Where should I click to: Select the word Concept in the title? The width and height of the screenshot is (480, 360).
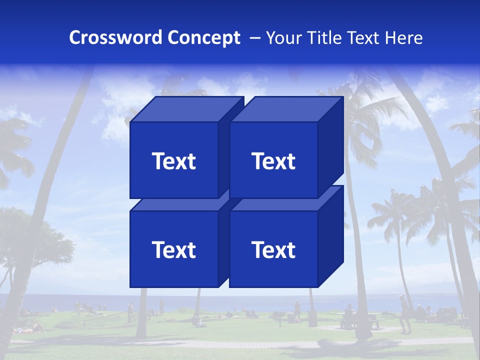pos(204,38)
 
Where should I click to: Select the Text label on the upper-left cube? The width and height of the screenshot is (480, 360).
pos(173,161)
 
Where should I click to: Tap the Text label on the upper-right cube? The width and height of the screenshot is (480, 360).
pos(273,161)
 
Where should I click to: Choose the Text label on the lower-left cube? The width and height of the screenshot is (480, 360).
pos(173,249)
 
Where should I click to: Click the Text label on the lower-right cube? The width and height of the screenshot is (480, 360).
pos(273,249)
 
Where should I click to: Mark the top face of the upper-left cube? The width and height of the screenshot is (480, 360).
pos(186,109)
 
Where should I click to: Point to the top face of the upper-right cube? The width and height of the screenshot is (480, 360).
pos(286,109)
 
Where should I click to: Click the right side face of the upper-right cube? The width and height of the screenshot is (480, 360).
pos(330,147)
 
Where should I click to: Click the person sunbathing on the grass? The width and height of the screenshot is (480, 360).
pos(32,328)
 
